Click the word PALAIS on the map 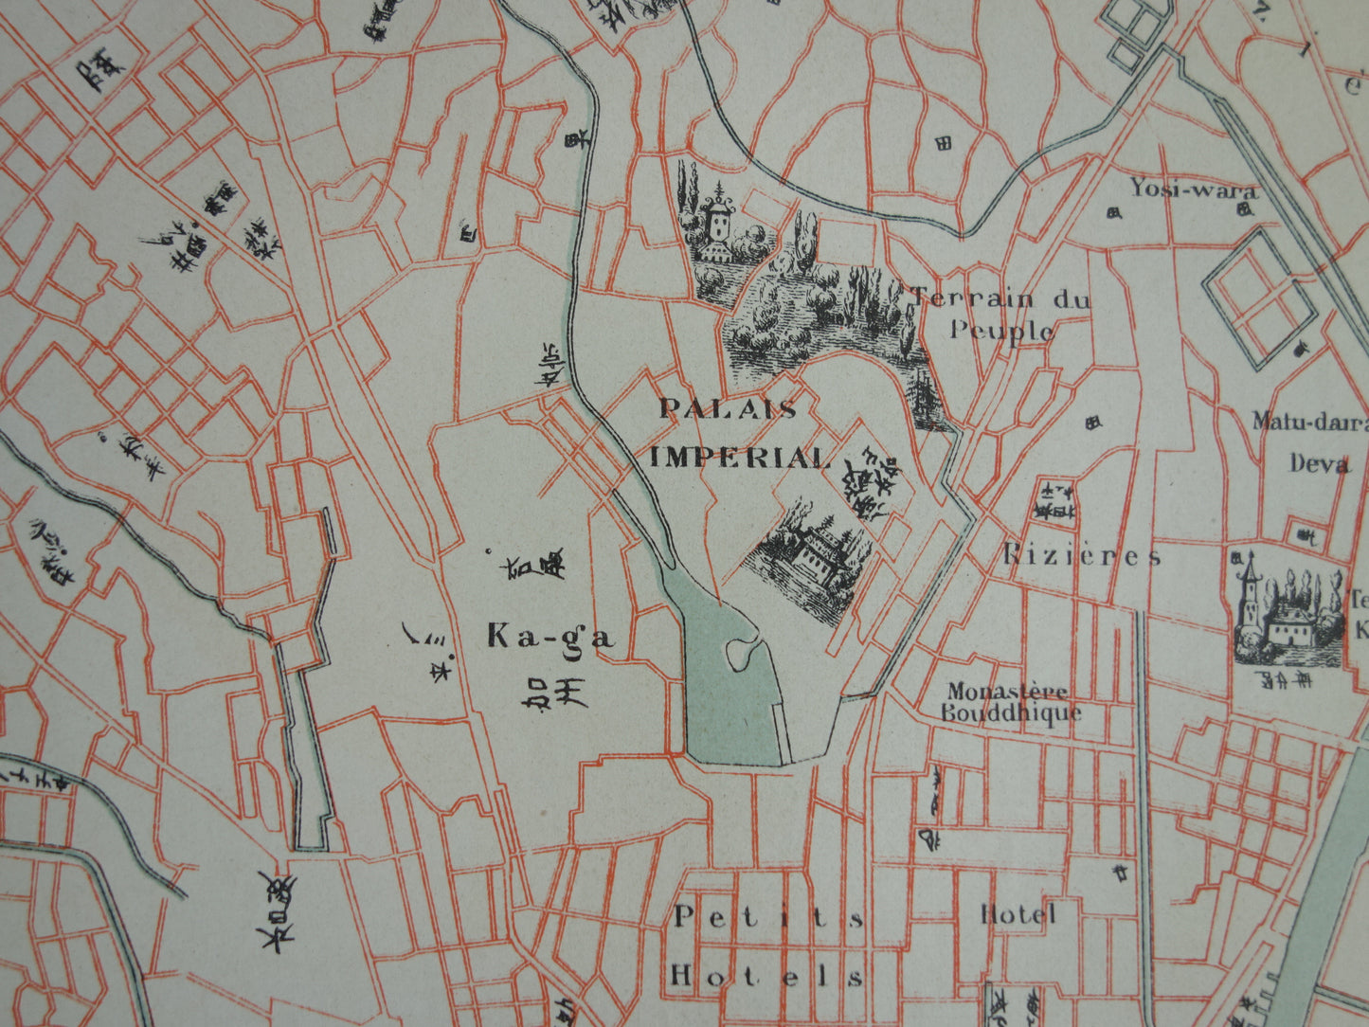[x=728, y=409]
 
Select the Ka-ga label [x=549, y=637]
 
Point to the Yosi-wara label [x=1194, y=189]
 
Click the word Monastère [x=1008, y=692]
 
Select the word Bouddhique [x=1011, y=712]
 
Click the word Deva [x=1318, y=463]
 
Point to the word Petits [x=768, y=917]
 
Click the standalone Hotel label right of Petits [x=1018, y=914]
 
